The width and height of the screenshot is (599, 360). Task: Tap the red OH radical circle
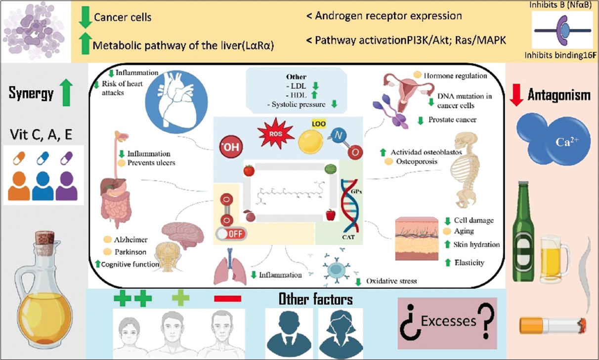[x=230, y=147]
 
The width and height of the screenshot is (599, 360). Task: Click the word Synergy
[x=31, y=93]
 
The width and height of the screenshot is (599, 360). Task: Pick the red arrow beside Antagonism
[x=516, y=94]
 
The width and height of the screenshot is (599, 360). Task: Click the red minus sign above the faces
[x=228, y=298]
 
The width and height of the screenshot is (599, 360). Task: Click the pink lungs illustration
[x=230, y=269]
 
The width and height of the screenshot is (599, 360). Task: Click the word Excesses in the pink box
[x=448, y=321]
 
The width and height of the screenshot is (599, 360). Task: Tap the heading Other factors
[x=315, y=299]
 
